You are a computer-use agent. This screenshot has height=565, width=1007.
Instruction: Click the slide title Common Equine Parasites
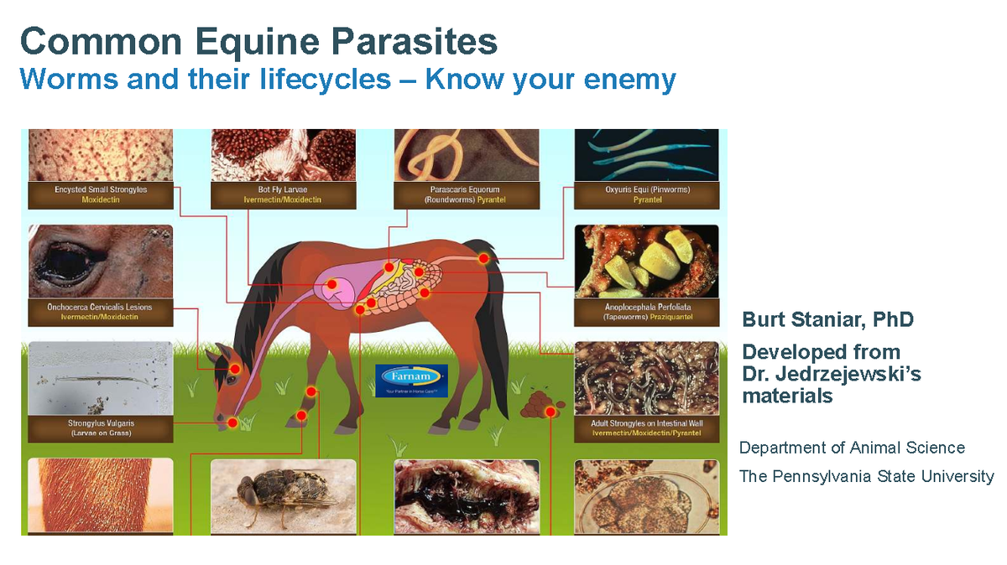pos(258,40)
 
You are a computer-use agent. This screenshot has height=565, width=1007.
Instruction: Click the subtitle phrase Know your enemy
pos(550,80)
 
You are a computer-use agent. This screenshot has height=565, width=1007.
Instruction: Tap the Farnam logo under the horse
pos(412,380)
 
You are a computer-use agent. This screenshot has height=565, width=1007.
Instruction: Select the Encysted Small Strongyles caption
pos(101,194)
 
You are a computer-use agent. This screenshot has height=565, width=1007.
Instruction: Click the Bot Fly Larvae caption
pos(282,194)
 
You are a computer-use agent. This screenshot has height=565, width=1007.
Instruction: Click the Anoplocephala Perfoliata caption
pos(647,313)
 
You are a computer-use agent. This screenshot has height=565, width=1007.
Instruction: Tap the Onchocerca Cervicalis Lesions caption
pos(101,312)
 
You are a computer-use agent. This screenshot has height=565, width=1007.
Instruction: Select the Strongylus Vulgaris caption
pos(101,428)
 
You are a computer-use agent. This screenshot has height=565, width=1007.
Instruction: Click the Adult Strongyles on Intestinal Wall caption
pos(647,428)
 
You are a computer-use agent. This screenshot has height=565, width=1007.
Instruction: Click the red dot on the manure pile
pos(550,412)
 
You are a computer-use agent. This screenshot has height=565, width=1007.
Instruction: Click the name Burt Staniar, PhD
pos(827,319)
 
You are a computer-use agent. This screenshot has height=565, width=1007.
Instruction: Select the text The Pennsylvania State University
pos(866,476)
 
